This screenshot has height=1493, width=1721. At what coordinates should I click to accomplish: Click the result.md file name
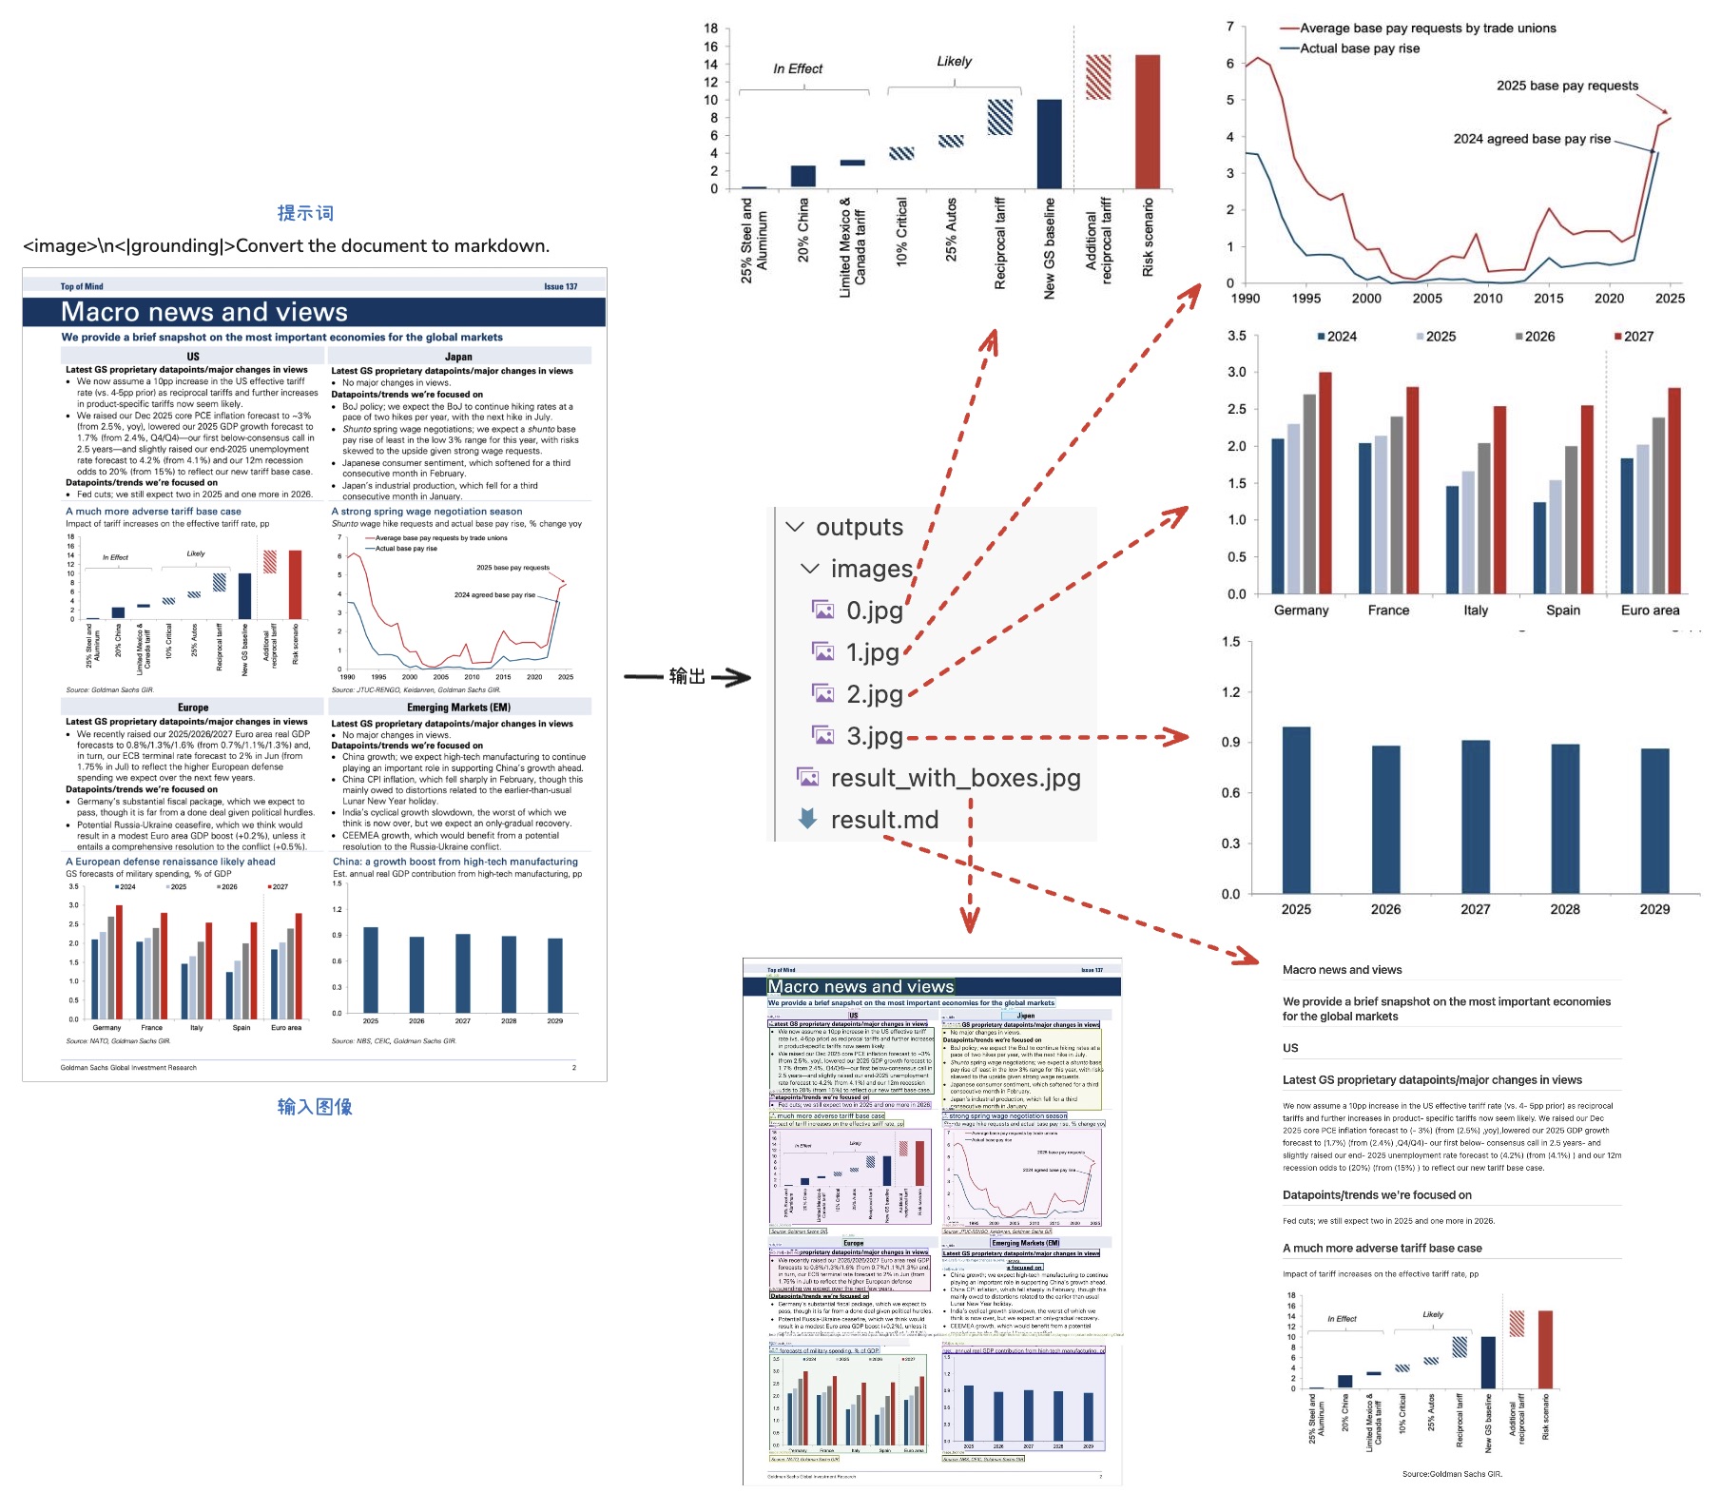884,820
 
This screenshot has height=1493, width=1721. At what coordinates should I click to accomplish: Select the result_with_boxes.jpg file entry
955,778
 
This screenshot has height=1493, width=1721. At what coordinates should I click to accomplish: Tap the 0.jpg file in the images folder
874,611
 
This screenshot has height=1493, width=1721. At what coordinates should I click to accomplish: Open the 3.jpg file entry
874,736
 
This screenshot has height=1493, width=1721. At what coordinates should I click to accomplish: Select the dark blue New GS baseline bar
1049,144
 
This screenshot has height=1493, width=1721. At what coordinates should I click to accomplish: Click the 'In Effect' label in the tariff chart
798,68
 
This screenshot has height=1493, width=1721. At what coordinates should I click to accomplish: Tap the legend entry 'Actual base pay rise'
1359,48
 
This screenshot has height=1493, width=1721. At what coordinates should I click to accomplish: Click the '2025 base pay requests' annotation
1567,86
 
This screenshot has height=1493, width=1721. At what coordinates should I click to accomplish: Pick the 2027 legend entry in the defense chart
1637,337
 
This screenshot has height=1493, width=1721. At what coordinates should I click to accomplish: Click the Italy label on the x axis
1476,611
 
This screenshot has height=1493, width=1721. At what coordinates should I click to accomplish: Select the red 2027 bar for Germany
1325,483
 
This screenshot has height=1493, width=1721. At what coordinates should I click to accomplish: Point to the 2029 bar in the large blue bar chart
1654,821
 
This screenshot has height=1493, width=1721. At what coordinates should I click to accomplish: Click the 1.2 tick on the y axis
1230,692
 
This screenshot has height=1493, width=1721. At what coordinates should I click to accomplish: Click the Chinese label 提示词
305,213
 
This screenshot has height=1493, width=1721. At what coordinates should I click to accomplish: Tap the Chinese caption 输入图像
315,1106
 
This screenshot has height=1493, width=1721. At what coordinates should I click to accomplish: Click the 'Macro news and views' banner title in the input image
204,312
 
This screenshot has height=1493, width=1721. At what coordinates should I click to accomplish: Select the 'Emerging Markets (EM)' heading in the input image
458,708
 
